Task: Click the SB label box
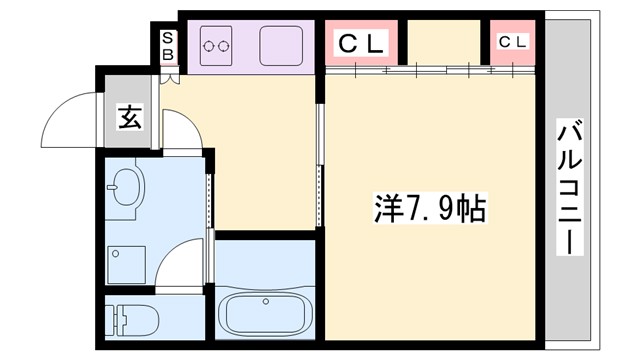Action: point(169,47)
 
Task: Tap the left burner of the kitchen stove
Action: point(209,44)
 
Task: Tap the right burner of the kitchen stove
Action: point(224,44)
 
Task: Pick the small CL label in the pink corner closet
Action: point(513,42)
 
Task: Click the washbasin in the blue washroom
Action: point(128,188)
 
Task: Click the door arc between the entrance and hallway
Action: point(180,130)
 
